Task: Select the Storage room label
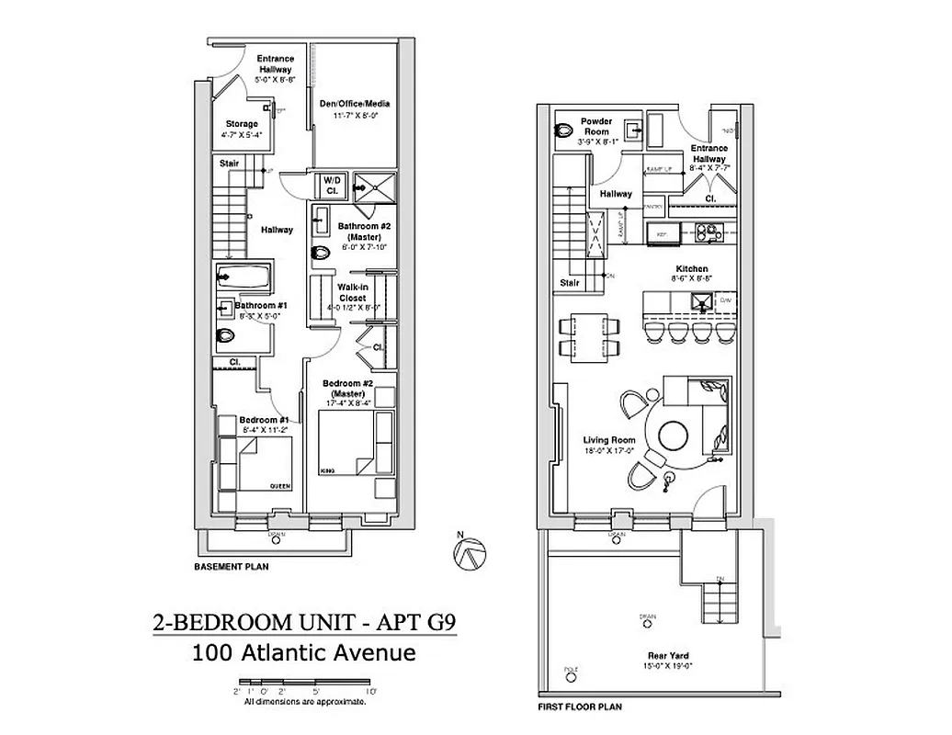[242, 124]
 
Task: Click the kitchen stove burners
[710, 231]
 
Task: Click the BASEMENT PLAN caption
[231, 567]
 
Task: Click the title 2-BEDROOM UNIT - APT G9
[304, 624]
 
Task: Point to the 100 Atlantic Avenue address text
[304, 653]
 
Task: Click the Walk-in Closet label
[353, 292]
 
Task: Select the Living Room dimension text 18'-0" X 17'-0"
[609, 451]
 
